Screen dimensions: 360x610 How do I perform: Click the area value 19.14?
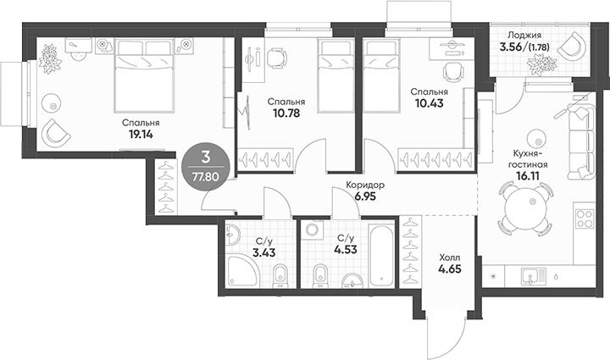tap(140, 135)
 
